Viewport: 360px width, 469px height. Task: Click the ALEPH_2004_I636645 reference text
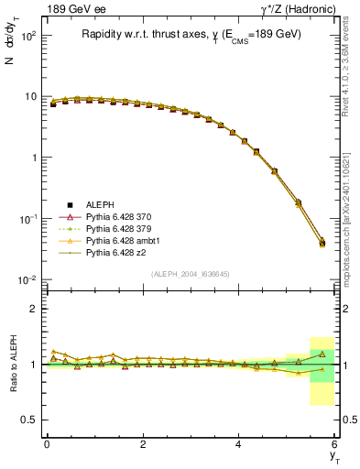[191, 274]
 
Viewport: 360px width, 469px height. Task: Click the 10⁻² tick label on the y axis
[27, 279]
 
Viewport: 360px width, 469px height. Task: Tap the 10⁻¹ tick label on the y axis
[27, 219]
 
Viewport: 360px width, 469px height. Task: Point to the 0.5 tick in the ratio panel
[29, 420]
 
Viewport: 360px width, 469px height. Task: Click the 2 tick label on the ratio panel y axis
[33, 309]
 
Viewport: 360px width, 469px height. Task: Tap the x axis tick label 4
[239, 444]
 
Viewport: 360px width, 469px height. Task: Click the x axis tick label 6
[335, 444]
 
